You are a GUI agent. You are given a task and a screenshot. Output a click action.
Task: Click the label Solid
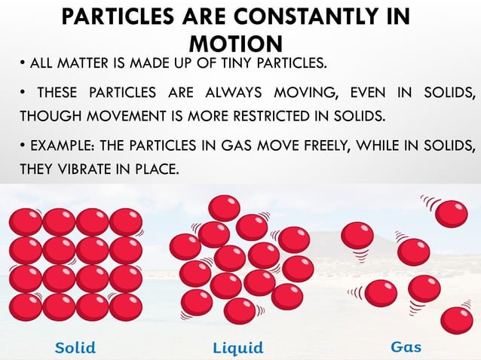[76, 347]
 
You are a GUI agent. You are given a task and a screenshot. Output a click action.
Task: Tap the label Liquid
[237, 347]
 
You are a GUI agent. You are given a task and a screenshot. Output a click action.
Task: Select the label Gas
[406, 347]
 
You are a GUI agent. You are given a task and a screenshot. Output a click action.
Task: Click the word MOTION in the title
[236, 42]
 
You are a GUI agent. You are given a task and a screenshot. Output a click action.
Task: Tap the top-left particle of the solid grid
[26, 223]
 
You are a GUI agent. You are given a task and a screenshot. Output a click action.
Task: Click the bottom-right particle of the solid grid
[125, 307]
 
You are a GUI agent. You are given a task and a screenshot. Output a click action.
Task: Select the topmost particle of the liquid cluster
[224, 208]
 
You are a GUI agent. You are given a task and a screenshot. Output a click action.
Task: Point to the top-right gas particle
[452, 212]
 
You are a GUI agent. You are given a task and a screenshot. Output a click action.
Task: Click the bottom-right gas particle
[456, 321]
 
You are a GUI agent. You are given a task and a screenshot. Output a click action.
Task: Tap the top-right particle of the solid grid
[125, 223]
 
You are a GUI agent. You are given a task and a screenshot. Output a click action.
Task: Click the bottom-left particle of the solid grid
[26, 307]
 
